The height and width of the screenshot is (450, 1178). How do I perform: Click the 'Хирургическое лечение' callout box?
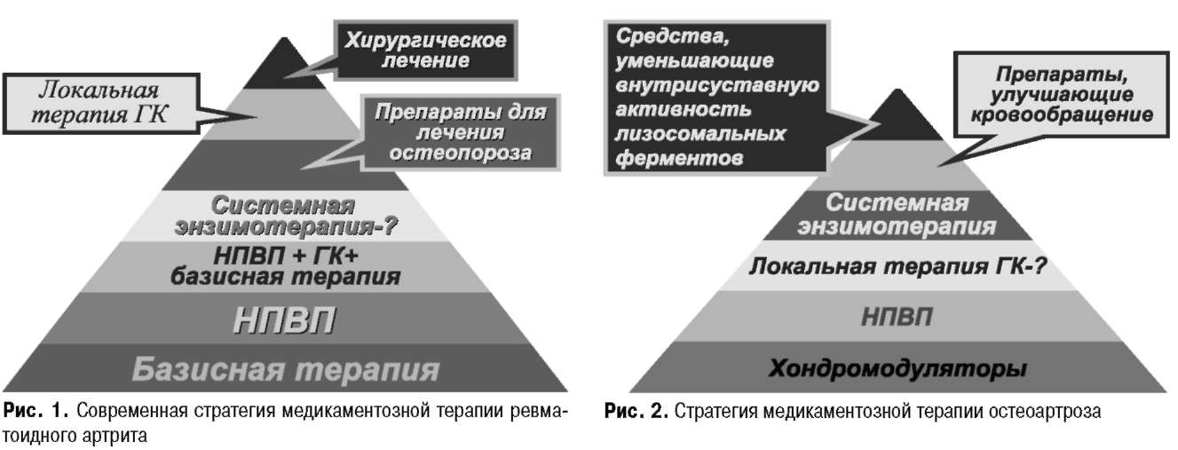coord(425,51)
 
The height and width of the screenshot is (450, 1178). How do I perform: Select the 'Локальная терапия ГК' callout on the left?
coord(101,104)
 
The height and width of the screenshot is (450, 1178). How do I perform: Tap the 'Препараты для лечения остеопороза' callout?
coord(461,132)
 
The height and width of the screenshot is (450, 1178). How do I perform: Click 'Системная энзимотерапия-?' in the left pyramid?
coord(285,216)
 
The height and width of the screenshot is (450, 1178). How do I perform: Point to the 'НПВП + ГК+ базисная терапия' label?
coord(286,266)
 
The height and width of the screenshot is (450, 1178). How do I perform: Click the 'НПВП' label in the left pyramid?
coord(284,320)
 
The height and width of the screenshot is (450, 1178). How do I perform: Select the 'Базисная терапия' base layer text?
coord(286,369)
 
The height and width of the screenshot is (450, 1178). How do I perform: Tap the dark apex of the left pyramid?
coord(284,66)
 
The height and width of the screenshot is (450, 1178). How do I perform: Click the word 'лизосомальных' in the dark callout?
coord(700,134)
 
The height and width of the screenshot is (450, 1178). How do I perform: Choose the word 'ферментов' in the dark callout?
coord(679,158)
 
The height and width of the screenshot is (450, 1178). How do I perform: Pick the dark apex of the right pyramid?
coord(897,116)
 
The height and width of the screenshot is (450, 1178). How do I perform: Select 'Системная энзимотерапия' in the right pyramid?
coord(897,215)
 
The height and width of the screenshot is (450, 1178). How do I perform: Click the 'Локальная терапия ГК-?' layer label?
coord(897,266)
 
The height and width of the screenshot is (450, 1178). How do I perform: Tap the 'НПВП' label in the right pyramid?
coord(897,317)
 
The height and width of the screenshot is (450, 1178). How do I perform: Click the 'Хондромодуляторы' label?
coord(897,368)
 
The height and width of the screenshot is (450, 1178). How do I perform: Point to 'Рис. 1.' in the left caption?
coord(36,411)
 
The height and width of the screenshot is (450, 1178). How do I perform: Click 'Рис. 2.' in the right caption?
coord(636,411)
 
